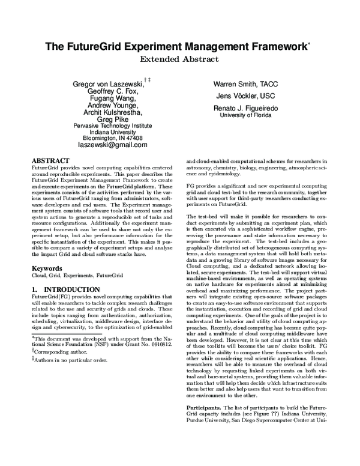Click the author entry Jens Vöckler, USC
246,95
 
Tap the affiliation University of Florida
247,115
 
